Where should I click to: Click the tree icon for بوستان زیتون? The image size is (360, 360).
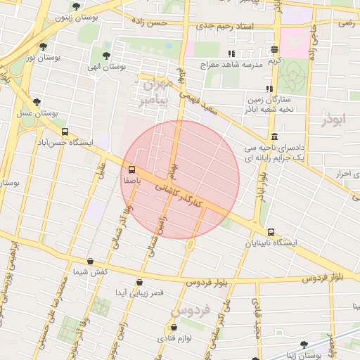point(76,7)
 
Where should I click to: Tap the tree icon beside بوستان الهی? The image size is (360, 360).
point(106,55)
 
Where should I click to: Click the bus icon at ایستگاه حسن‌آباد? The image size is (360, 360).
point(65,131)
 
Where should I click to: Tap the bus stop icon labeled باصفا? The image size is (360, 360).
point(131,169)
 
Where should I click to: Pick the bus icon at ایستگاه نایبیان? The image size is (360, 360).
point(271,232)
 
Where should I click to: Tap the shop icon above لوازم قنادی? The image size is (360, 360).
point(174,328)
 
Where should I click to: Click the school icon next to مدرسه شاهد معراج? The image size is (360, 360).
point(231,54)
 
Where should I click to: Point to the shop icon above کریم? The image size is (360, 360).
point(274,50)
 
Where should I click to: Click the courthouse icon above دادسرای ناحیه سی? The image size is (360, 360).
point(274,137)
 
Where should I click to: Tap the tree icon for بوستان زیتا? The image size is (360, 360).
point(304,345)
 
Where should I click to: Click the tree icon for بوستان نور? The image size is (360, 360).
point(44,46)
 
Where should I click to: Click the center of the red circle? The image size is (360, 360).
point(180,179)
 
